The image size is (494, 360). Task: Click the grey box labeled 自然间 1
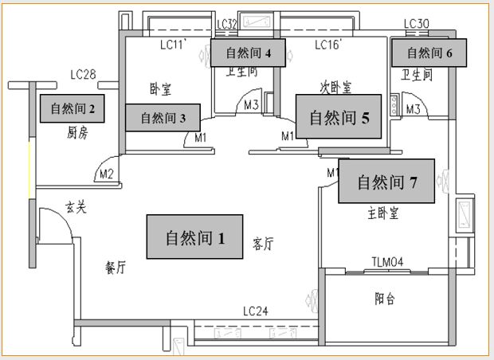[x=195, y=237]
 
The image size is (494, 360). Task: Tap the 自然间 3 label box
[x=163, y=118]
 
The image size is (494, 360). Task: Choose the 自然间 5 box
[x=339, y=118]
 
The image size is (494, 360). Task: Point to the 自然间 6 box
[x=429, y=53]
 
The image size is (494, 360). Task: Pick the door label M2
[x=106, y=173]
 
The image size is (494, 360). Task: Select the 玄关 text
[x=76, y=209]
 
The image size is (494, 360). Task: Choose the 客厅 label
[x=263, y=244]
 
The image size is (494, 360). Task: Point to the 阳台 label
[x=386, y=299]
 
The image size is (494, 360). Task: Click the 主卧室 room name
[x=383, y=213]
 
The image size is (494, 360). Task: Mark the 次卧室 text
[x=335, y=85]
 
